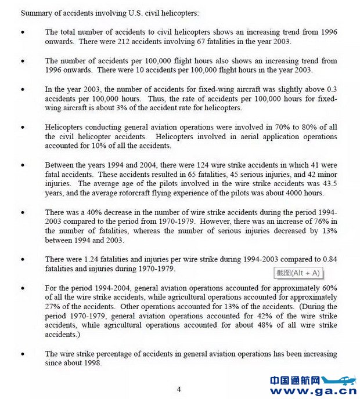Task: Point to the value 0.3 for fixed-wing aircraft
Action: coord(331,90)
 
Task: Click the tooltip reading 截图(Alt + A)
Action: coord(298,273)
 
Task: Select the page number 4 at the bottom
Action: coord(179,389)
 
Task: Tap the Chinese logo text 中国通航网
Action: coord(295,380)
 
